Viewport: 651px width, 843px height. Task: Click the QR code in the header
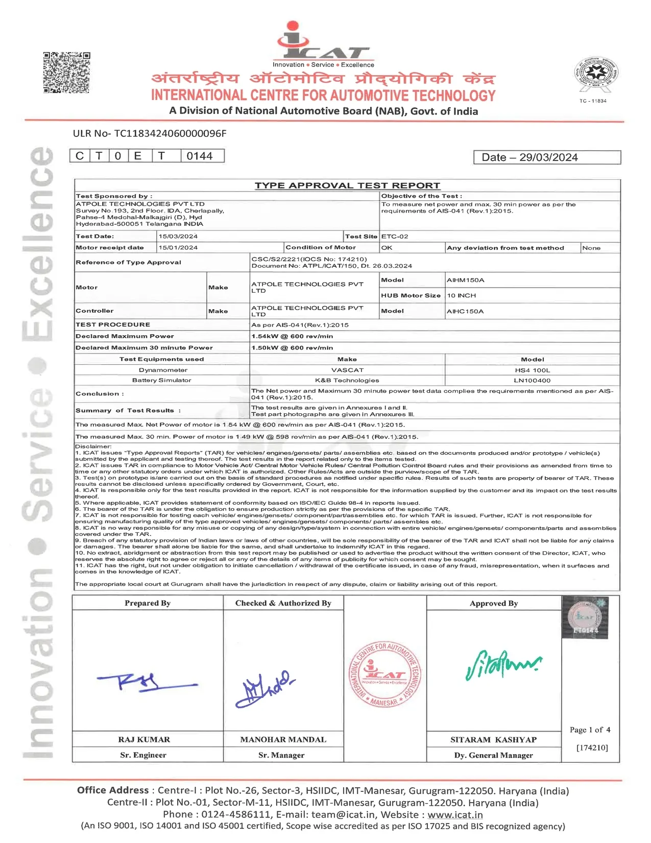[66, 72]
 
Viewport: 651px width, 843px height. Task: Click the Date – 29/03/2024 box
[547, 157]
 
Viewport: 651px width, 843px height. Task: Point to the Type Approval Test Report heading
[347, 185]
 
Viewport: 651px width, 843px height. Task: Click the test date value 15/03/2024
[178, 237]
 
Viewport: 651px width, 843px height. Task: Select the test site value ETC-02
[395, 237]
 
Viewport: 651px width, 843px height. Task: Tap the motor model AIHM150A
[465, 280]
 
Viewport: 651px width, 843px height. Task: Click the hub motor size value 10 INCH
[461, 295]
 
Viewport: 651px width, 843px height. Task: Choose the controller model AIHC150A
[465, 311]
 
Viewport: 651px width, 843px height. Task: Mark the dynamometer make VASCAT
[347, 370]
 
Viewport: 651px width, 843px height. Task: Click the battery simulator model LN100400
[532, 380]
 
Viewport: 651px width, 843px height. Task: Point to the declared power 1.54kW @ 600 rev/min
[292, 336]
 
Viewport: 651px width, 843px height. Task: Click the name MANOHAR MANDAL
[283, 739]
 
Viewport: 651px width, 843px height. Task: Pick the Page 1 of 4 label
[590, 730]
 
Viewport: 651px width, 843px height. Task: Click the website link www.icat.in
[455, 814]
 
